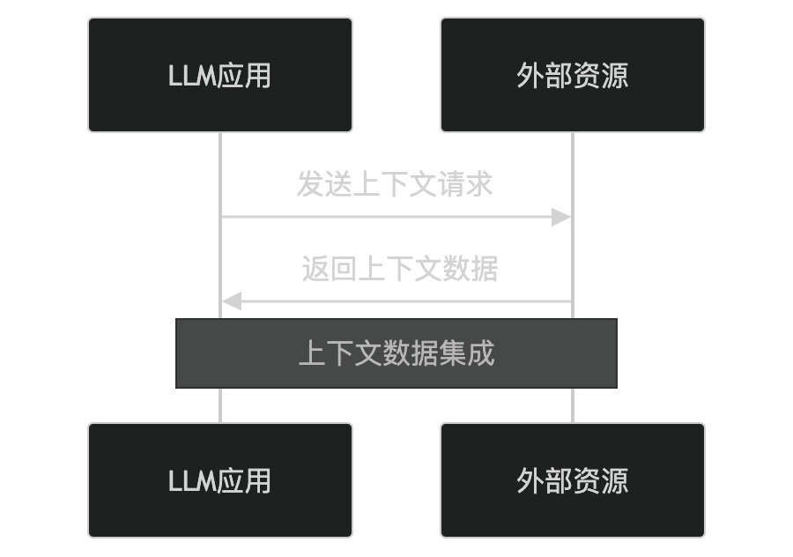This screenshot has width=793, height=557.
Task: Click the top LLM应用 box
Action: (220, 75)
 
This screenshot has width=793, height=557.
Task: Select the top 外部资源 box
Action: (573, 75)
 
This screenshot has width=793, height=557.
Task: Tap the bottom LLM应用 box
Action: (220, 480)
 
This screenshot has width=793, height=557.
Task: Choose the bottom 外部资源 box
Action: (573, 480)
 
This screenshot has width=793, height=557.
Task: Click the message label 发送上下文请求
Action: (395, 185)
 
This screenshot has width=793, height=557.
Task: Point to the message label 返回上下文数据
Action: (400, 269)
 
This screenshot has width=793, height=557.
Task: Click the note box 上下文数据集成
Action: (396, 353)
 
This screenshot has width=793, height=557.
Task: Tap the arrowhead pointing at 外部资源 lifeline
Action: (561, 217)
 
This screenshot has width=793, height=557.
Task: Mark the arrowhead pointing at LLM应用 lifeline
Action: (232, 301)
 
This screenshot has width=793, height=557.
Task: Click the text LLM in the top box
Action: (193, 76)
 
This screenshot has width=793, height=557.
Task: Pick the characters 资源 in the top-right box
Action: (601, 76)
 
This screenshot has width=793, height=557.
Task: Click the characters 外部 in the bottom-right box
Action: (545, 481)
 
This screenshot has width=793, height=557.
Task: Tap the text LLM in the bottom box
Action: (193, 481)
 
